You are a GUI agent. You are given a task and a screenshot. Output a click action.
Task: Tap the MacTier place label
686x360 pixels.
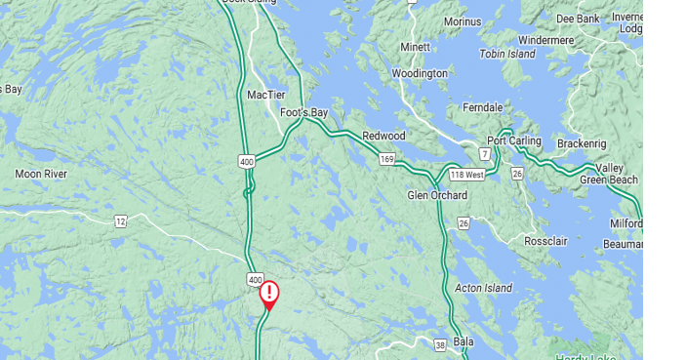(266, 95)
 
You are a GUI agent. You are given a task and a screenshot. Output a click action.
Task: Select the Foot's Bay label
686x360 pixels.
(303, 113)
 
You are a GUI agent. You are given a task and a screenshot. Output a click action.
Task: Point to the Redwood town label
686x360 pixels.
(383, 136)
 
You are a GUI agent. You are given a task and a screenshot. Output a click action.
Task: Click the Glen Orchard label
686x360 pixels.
(437, 195)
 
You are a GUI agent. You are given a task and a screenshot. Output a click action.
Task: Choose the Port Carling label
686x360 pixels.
(514, 140)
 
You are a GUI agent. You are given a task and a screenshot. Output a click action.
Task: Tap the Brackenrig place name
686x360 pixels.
(582, 143)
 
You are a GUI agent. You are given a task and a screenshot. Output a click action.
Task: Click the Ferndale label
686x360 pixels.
(482, 107)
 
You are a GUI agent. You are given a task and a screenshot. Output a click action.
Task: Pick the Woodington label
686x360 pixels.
(420, 73)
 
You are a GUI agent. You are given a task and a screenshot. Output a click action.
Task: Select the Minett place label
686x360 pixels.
(415, 47)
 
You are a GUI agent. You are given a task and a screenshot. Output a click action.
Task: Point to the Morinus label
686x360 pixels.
(463, 21)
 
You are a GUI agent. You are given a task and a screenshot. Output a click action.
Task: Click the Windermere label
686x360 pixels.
(546, 40)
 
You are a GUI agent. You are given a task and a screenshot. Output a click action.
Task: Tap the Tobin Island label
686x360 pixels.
(507, 54)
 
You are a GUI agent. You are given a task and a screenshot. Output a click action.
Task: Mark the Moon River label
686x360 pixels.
(41, 174)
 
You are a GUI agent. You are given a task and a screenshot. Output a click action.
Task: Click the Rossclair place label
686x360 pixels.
(545, 241)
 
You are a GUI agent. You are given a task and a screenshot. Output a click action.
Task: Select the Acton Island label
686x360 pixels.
(484, 288)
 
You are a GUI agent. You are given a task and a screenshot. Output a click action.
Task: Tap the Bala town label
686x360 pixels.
(464, 341)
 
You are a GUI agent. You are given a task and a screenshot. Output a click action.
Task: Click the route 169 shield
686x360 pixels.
(387, 157)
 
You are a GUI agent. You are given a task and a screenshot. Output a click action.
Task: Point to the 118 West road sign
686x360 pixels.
(467, 175)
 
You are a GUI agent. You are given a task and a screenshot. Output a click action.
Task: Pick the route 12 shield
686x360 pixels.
(120, 221)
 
